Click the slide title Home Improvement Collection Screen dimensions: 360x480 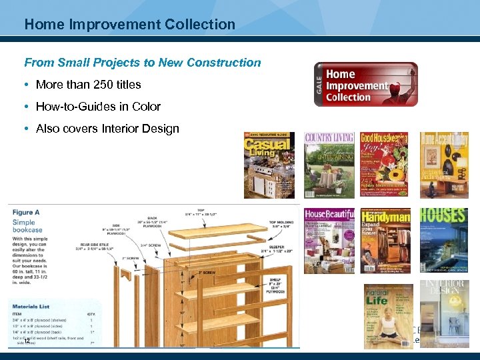(129, 25)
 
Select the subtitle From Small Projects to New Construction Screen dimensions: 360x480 (143, 63)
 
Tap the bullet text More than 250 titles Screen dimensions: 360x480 (88, 85)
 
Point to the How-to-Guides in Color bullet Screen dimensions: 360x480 (98, 107)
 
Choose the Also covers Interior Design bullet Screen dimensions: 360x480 (107, 129)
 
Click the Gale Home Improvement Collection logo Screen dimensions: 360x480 (366, 85)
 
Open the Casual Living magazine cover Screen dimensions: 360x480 (269, 165)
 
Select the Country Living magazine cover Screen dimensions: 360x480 (329, 165)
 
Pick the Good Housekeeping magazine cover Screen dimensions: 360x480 (385, 165)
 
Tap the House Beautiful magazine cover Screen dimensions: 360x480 (329, 241)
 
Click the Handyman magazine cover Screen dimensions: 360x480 (385, 241)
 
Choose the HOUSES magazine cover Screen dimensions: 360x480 (443, 241)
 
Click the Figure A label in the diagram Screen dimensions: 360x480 (26, 212)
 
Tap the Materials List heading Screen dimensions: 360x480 (32, 306)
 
